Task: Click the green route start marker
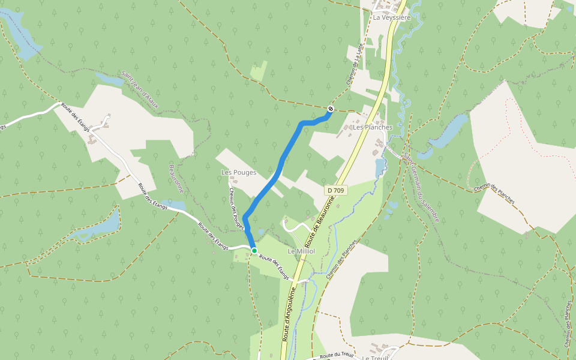click(x=254, y=251)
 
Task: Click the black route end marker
click(x=331, y=109)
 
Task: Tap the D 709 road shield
click(x=336, y=190)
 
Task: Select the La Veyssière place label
click(x=391, y=17)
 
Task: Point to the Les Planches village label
click(x=373, y=127)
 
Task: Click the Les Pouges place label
click(x=239, y=172)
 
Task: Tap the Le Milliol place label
click(x=302, y=251)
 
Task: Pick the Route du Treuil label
click(x=337, y=355)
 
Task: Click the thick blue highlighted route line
click(x=280, y=163)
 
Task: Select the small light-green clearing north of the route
click(x=259, y=71)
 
